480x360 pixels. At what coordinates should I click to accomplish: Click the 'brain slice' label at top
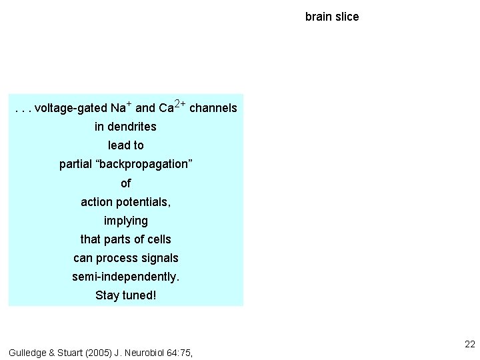pyautogui.click(x=332, y=17)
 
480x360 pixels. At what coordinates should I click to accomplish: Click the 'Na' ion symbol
pyautogui.click(x=118, y=108)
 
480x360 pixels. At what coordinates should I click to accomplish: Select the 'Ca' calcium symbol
pyautogui.click(x=167, y=108)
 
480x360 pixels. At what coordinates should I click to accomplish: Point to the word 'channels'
pyautogui.click(x=213, y=108)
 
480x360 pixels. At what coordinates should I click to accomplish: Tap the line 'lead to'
pyautogui.click(x=126, y=145)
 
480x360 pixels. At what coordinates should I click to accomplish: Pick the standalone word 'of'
pyautogui.click(x=126, y=183)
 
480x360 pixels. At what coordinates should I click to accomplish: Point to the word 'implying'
pyautogui.click(x=126, y=221)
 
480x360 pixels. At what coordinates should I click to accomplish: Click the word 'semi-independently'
pyautogui.click(x=126, y=277)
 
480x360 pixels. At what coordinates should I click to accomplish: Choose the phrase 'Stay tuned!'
pyautogui.click(x=126, y=295)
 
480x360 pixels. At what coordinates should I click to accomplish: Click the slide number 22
pyautogui.click(x=469, y=344)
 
